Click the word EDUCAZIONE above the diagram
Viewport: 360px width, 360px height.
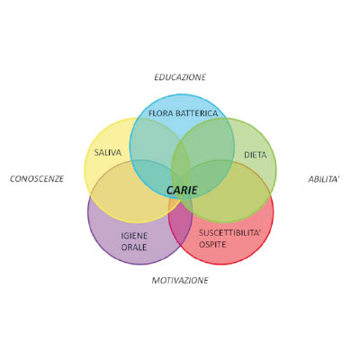[x=180, y=77]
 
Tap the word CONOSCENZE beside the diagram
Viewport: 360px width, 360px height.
[x=37, y=179]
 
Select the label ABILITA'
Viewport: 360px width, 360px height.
[x=324, y=179]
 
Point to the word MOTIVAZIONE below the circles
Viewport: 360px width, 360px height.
[x=180, y=280]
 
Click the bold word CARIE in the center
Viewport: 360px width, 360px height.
[x=182, y=190]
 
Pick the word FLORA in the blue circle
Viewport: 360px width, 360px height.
[x=161, y=113]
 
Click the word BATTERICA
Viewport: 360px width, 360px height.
[x=196, y=113]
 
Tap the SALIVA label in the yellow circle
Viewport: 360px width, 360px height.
[x=108, y=152]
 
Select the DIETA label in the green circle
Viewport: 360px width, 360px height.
[x=256, y=155]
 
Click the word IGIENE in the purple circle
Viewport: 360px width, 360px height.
[x=134, y=236]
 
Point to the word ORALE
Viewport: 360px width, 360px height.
[x=134, y=247]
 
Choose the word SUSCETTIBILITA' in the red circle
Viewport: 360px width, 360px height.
[x=229, y=233]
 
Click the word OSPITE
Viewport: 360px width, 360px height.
[x=212, y=244]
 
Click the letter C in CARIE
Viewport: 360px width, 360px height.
[x=170, y=190]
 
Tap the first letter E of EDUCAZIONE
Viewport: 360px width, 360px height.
[x=157, y=77]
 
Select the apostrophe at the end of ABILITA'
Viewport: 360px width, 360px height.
[x=338, y=176]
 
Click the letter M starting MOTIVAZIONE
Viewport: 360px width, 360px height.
[x=156, y=280]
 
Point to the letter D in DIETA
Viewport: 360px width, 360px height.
[x=247, y=155]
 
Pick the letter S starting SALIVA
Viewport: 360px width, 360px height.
[x=96, y=152]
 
